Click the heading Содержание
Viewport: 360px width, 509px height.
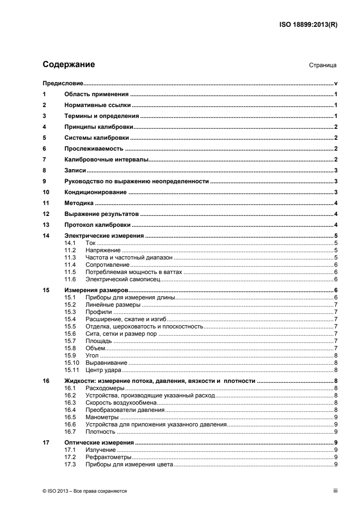click(69, 64)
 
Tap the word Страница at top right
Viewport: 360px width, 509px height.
click(322, 65)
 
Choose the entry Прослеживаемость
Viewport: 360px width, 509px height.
click(94, 148)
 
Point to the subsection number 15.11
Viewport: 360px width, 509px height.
click(72, 370)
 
